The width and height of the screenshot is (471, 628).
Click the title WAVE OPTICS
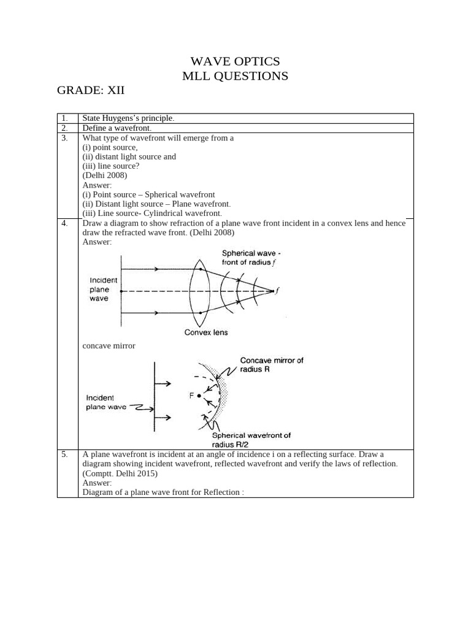pos(235,61)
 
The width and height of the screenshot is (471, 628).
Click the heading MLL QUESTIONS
pos(235,76)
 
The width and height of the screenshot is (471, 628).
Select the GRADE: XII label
pos(91,91)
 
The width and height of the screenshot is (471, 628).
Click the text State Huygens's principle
pos(128,118)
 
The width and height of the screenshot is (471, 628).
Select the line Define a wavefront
pos(117,128)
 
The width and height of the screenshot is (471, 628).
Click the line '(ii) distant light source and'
pos(129,156)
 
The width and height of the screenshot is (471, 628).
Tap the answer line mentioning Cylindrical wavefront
pos(156,213)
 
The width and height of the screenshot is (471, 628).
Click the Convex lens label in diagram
pos(206,332)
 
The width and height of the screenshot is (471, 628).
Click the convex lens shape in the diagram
pos(201,291)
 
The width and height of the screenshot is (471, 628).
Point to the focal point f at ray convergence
pos(273,291)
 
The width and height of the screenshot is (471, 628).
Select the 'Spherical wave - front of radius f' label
pos(251,258)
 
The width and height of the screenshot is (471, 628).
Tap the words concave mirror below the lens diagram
pos(109,346)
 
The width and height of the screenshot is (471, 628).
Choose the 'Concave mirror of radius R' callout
pos(271,366)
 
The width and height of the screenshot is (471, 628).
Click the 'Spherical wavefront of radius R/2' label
pos(251,440)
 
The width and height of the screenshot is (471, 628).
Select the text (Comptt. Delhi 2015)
pos(120,473)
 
